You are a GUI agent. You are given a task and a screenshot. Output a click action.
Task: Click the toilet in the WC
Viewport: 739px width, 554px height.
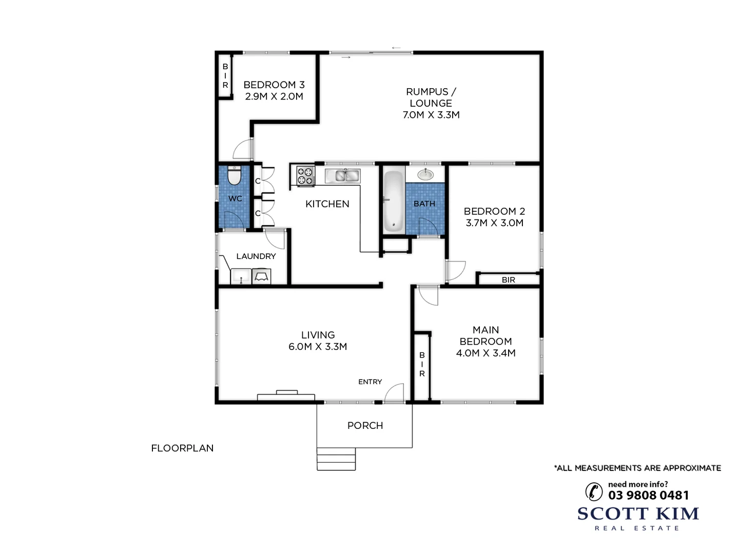(234, 176)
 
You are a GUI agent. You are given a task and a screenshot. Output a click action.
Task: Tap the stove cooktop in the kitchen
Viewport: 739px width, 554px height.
(305, 176)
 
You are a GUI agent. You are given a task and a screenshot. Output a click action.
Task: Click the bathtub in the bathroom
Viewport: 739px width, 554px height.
(394, 202)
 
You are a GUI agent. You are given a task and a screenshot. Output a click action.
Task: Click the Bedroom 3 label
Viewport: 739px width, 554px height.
(274, 85)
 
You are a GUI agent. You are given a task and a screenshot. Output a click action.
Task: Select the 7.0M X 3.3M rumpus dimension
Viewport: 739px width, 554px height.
(431, 115)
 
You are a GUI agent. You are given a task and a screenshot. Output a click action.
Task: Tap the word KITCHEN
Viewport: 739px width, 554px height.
(327, 204)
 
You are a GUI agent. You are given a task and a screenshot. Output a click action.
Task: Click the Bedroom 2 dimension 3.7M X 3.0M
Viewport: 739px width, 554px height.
(494, 223)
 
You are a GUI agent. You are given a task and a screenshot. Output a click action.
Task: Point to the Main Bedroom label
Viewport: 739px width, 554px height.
(485, 335)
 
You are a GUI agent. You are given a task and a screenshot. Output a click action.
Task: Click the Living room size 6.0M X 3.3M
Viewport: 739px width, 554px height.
(318, 347)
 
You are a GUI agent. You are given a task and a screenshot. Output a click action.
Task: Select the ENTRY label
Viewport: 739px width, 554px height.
(370, 382)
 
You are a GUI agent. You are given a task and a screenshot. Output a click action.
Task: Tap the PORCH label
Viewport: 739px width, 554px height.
(365, 425)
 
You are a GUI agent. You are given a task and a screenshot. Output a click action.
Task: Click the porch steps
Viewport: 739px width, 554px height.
(336, 459)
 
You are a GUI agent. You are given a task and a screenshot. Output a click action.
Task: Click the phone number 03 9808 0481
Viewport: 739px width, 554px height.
(648, 495)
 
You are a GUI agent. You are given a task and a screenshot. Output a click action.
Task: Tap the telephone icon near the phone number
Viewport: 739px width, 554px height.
(594, 491)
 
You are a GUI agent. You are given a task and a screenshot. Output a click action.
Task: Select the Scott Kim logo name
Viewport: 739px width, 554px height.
(638, 513)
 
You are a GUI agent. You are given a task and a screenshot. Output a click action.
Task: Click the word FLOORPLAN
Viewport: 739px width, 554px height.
(182, 448)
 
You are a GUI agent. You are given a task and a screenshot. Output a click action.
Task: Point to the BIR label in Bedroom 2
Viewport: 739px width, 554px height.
(508, 280)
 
